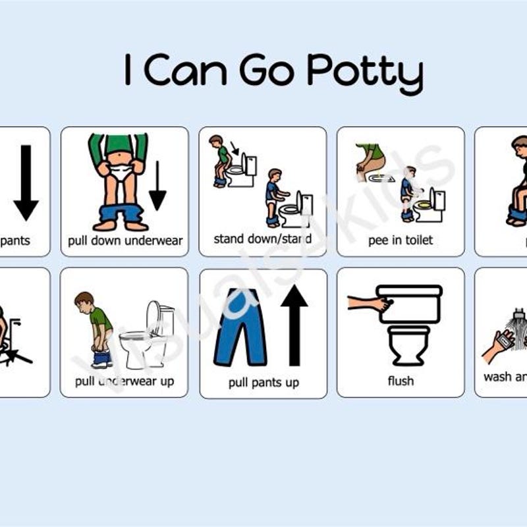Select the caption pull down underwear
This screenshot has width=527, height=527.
pyautogui.click(x=125, y=240)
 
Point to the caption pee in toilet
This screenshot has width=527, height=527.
pyautogui.click(x=401, y=240)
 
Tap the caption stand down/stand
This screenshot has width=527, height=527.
pyautogui.click(x=262, y=239)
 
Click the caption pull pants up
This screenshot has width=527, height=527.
pyautogui.click(x=263, y=382)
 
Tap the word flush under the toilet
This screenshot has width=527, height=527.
pyautogui.click(x=401, y=381)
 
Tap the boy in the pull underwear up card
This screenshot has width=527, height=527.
pyautogui.click(x=95, y=329)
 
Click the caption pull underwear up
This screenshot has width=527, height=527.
pyautogui.click(x=125, y=381)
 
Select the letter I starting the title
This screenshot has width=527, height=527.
pyautogui.click(x=128, y=71)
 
